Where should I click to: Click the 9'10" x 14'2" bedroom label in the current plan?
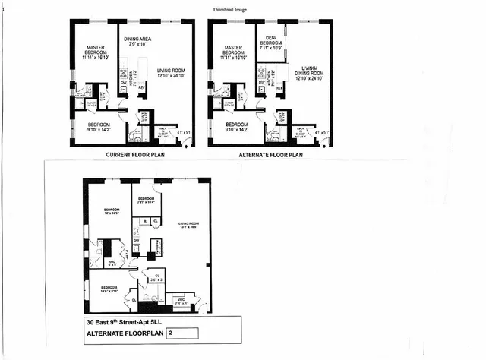pyautogui.click(x=99, y=126)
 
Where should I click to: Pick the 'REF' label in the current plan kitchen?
pyautogui.click(x=142, y=88)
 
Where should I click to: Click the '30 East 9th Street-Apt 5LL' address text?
pyautogui.click(x=132, y=321)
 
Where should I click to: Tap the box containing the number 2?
pyautogui.click(x=181, y=333)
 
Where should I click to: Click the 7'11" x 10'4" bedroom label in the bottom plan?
pyautogui.click(x=146, y=200)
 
